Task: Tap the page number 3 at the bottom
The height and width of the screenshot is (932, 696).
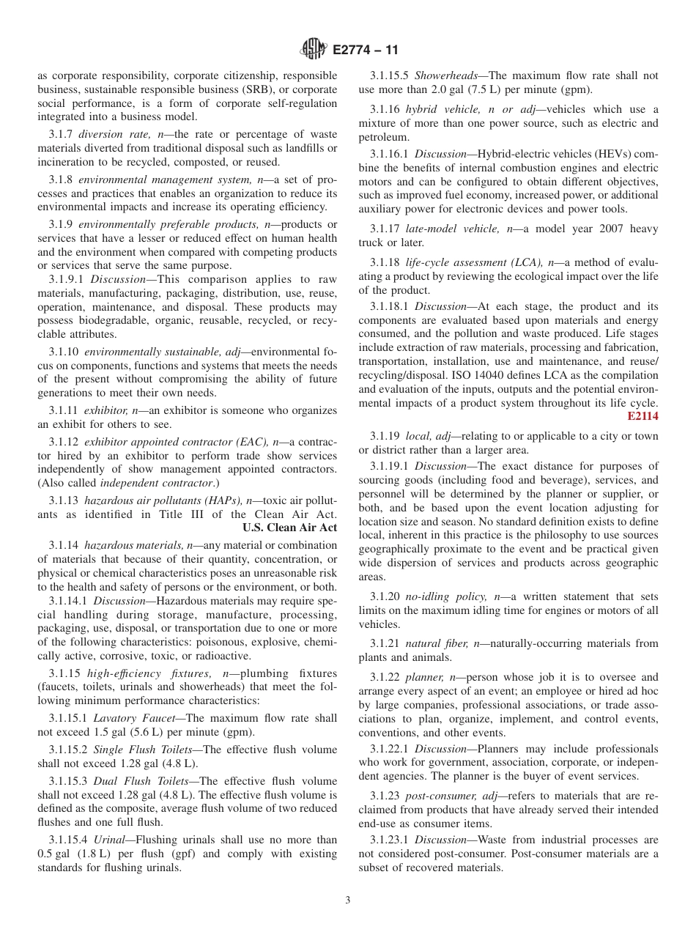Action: (x=348, y=900)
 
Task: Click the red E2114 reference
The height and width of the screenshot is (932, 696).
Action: (x=643, y=416)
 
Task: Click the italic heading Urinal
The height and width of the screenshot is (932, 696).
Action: (x=108, y=840)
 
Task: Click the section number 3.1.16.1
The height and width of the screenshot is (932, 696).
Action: (x=390, y=154)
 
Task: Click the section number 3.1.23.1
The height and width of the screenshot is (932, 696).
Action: (x=390, y=840)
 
